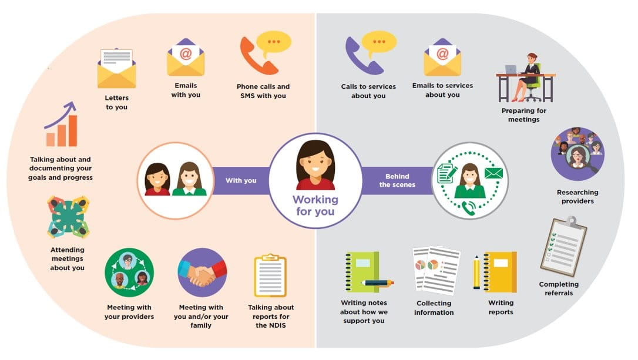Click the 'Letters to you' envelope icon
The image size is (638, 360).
pos(116,69)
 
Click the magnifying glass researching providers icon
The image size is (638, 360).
pos(577,154)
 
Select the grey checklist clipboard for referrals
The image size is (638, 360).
pos(563,247)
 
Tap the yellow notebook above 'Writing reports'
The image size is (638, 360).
pos(500,272)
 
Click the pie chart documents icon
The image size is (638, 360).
pos(435,270)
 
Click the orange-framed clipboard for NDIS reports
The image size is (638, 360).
pos(270,275)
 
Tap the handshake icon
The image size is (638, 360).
pos(202,272)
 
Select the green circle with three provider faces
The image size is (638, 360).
pos(129,272)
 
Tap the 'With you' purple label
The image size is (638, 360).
pos(241,180)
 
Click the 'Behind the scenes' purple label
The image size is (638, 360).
pos(397,180)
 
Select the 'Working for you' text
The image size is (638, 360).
pos(315,205)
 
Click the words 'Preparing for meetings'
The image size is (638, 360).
pos(523,115)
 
